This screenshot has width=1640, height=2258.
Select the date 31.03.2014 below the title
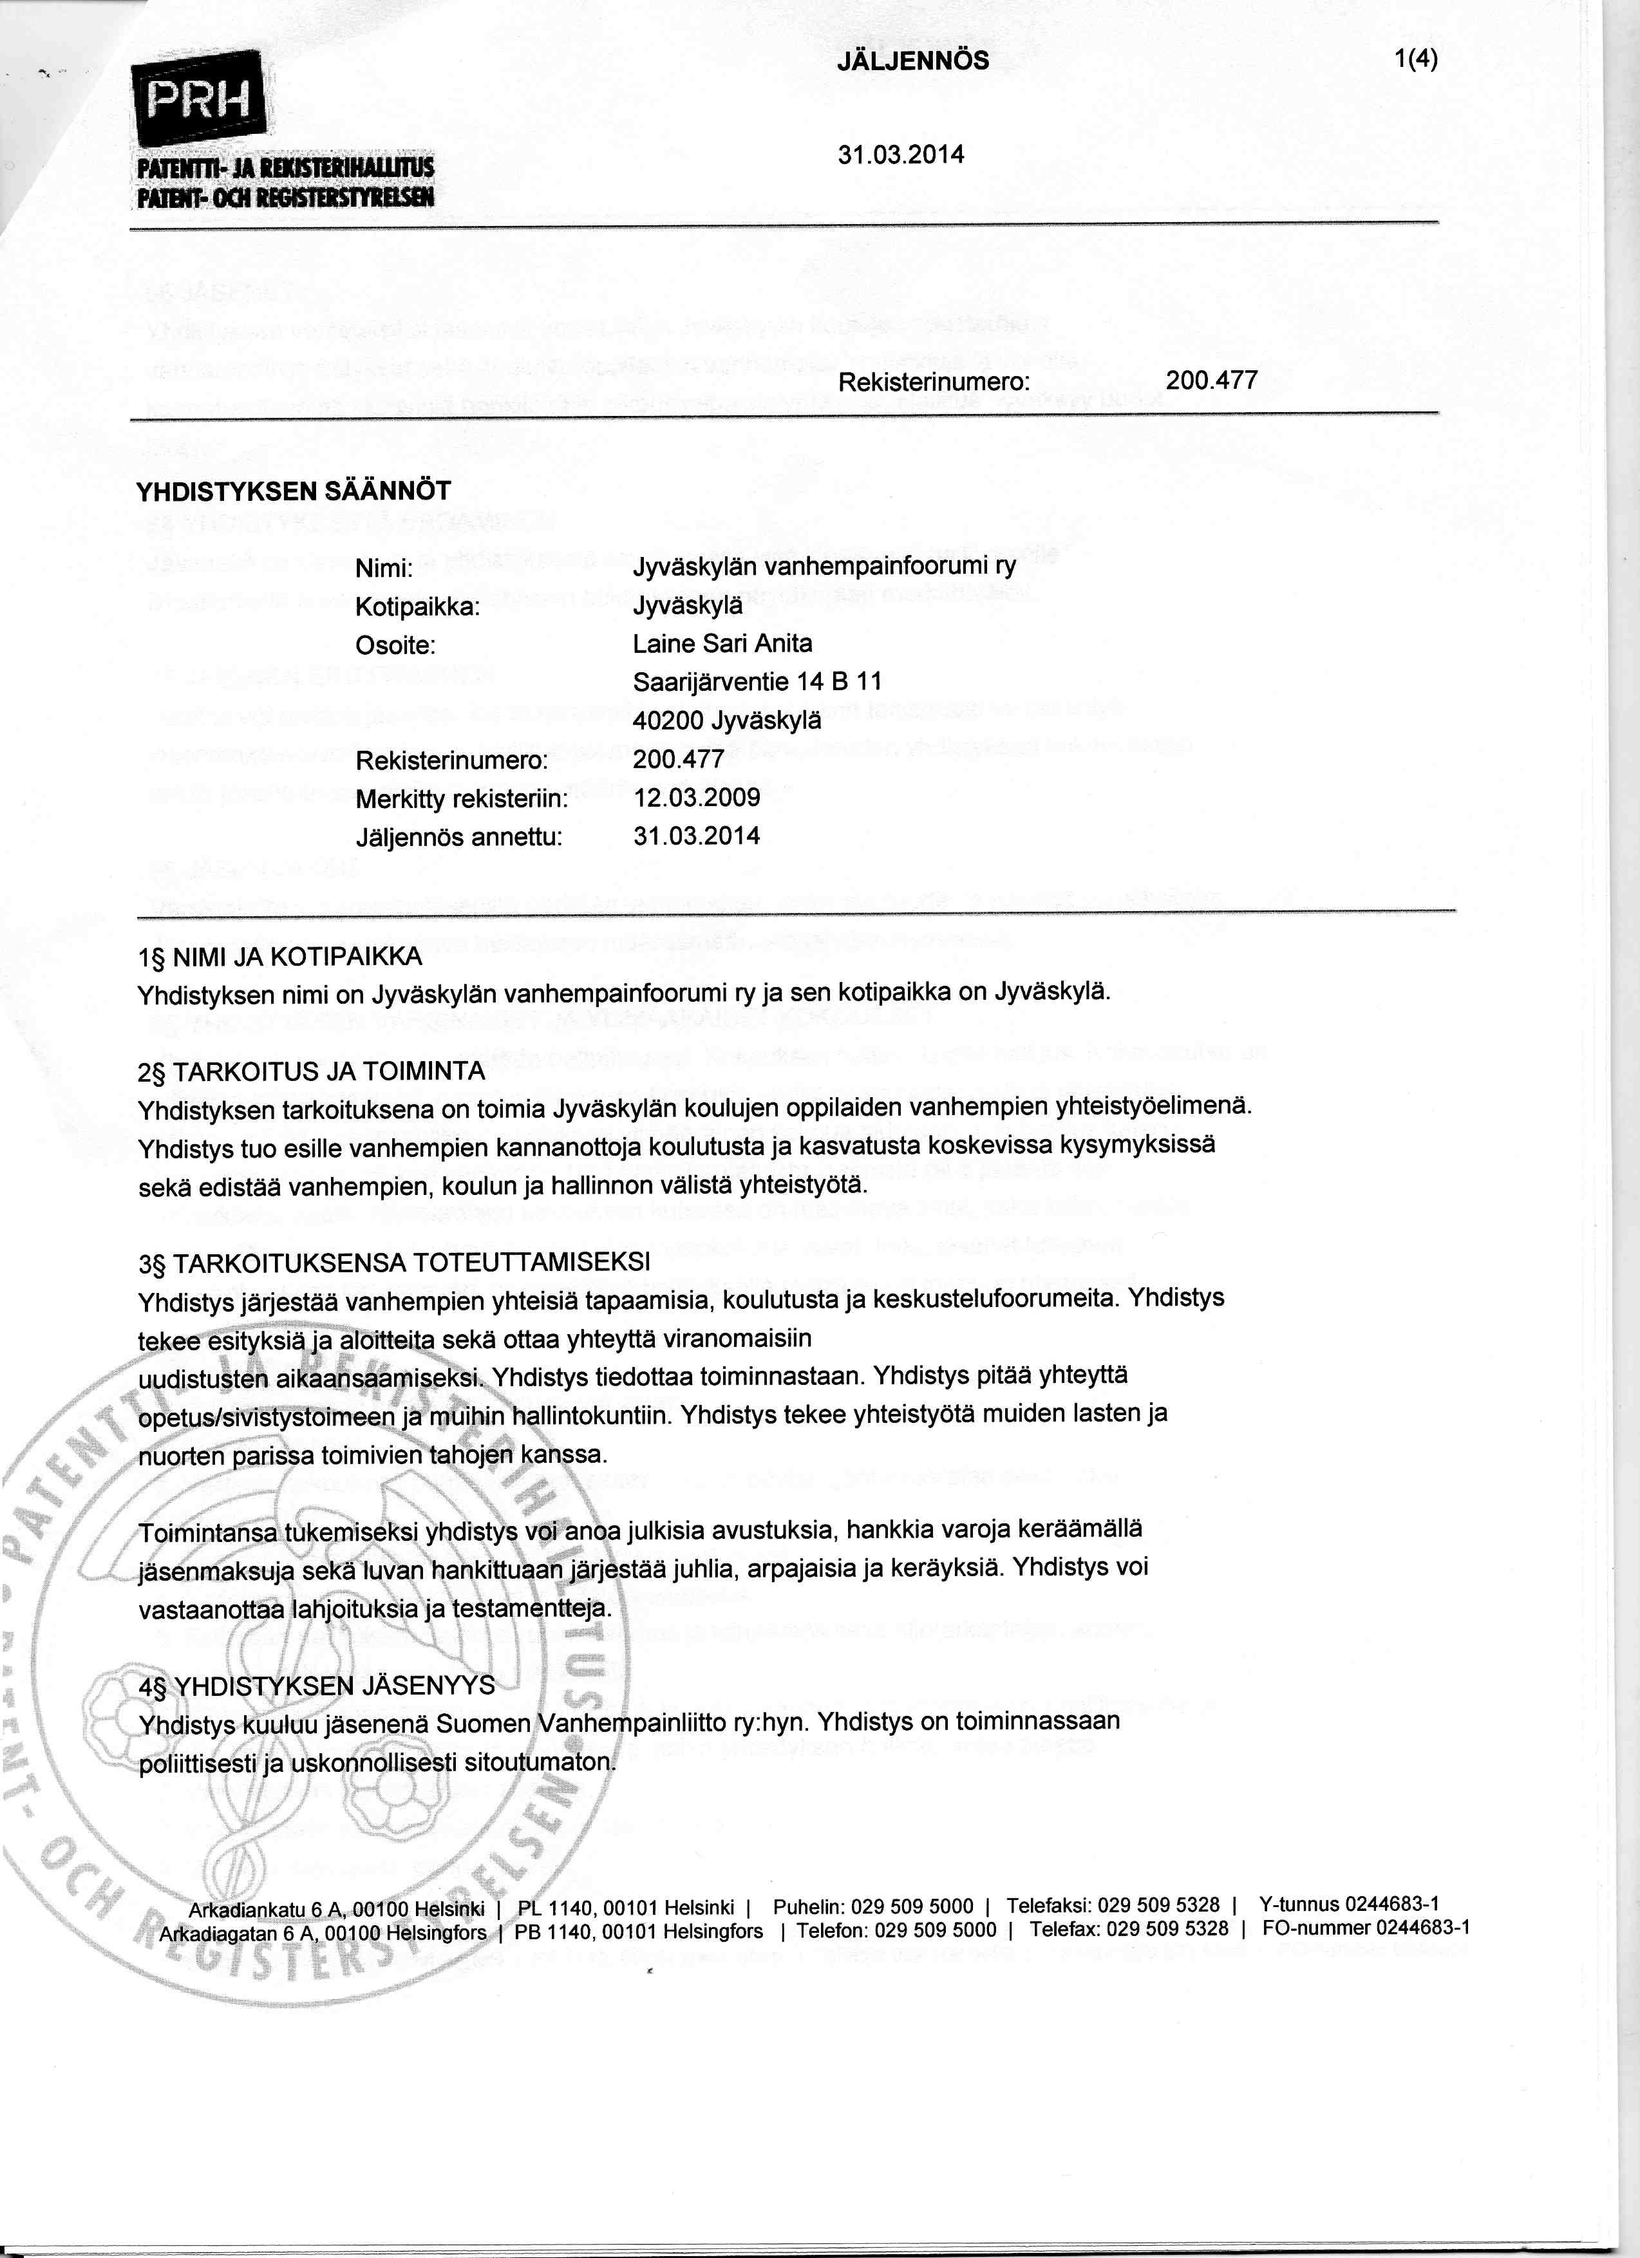pos(901,155)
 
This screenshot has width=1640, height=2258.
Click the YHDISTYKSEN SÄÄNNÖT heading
pos(293,491)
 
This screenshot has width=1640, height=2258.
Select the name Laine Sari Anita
pos(722,644)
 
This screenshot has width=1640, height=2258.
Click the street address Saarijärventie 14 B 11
pos(757,682)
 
